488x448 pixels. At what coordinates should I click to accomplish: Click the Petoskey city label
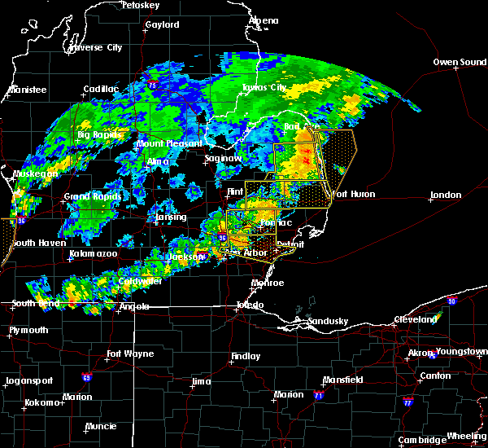tap(139, 5)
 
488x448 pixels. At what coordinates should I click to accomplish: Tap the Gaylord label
tap(162, 25)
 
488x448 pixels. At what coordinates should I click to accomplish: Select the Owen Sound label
tap(460, 62)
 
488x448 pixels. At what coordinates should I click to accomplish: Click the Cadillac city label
tap(102, 90)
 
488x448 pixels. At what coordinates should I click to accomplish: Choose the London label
tap(446, 195)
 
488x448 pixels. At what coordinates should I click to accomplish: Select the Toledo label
tap(250, 305)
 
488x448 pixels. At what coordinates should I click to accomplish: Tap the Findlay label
tap(246, 356)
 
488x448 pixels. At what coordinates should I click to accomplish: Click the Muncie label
tap(101, 426)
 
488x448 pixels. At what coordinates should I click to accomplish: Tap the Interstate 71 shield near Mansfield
tap(318, 395)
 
